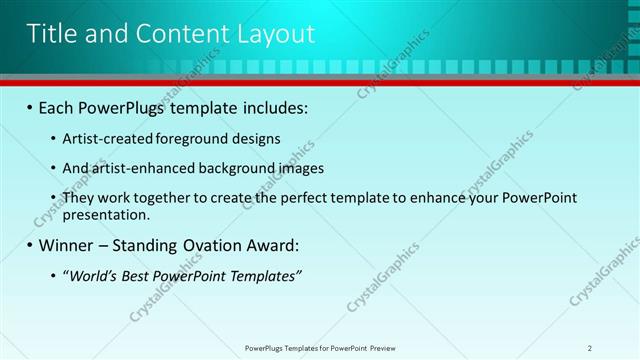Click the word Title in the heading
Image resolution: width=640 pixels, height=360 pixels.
tap(51, 34)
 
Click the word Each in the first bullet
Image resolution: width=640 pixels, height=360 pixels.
tap(59, 107)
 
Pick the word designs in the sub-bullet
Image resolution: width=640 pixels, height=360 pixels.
tap(255, 138)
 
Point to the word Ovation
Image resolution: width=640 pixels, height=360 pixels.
tap(206, 245)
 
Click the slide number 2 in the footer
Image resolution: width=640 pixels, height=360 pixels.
tap(590, 347)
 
